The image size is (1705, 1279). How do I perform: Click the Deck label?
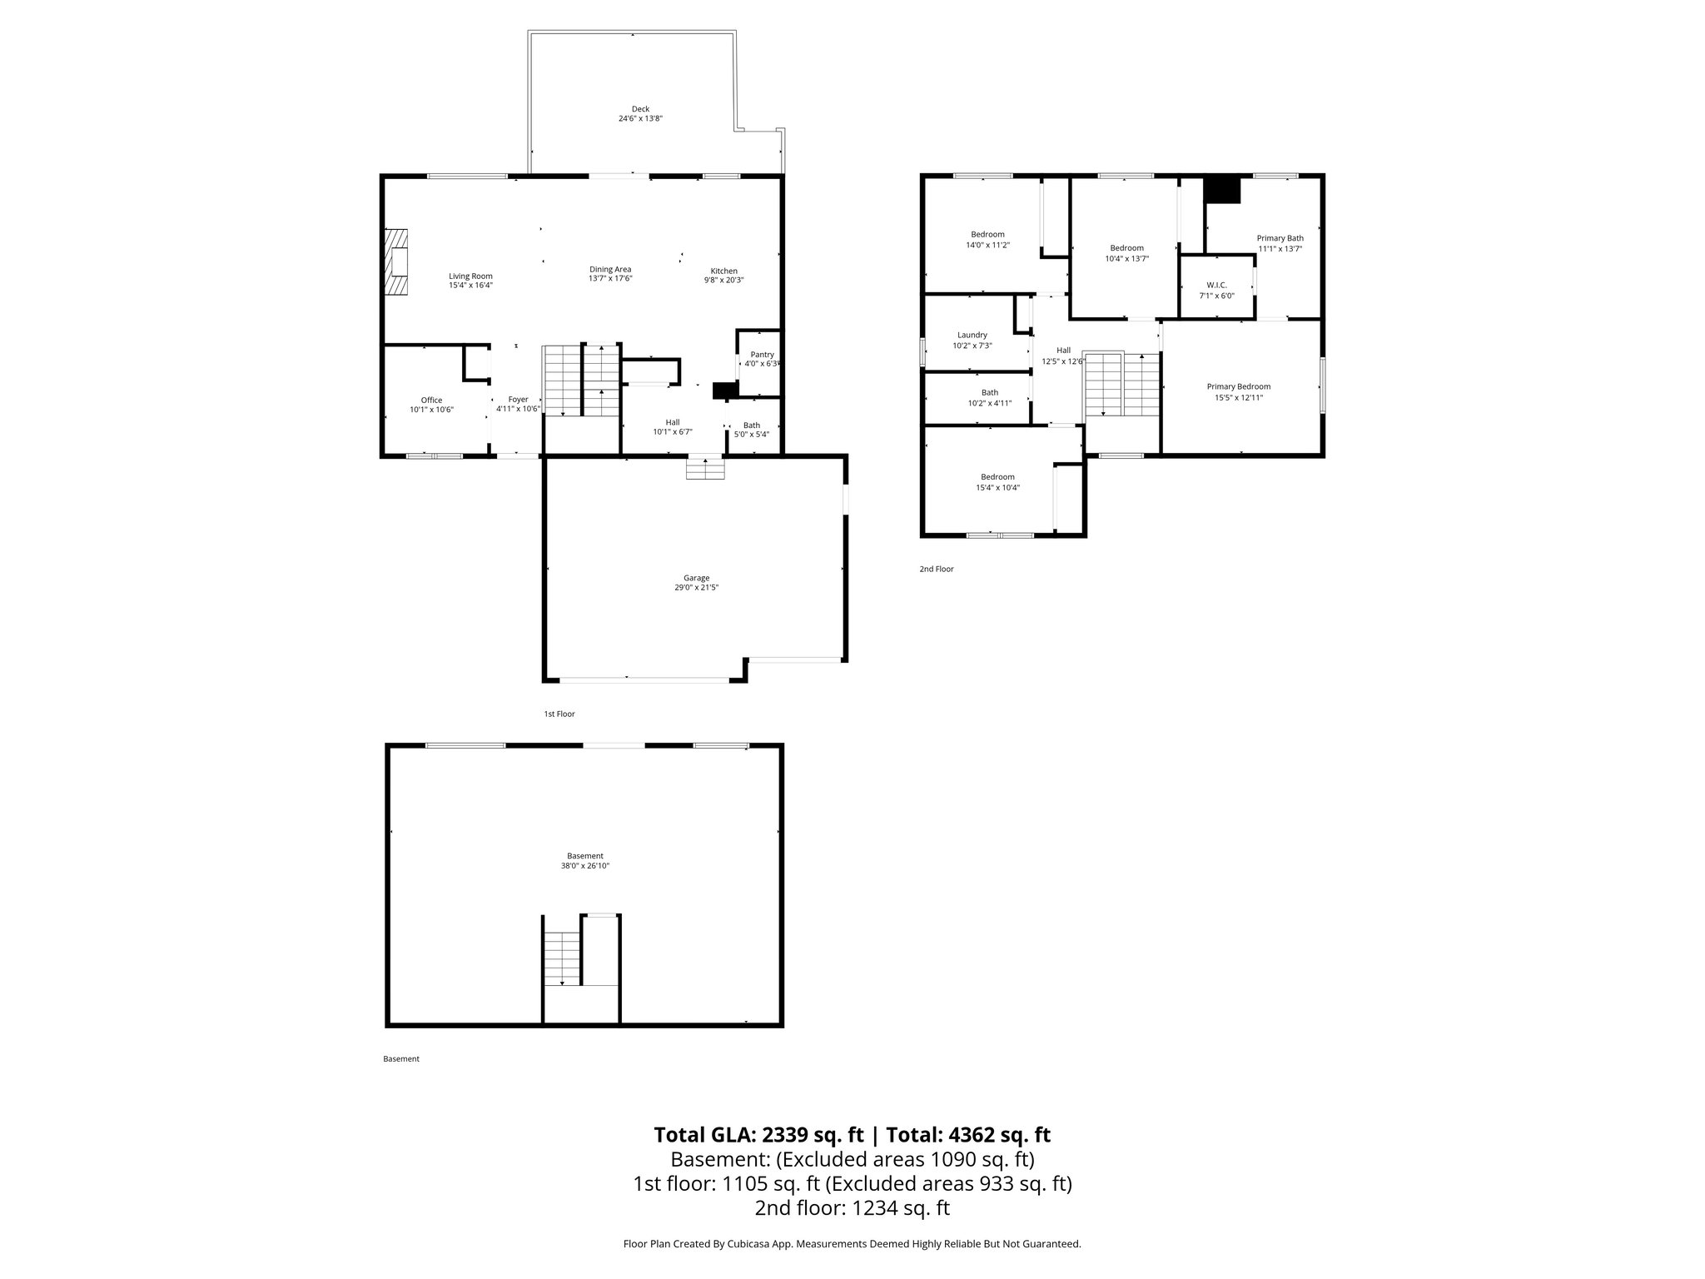pos(639,109)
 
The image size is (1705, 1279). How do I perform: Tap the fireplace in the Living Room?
pos(399,261)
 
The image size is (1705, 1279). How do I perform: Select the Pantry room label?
pos(762,355)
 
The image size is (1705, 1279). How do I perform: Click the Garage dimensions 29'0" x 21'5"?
pos(696,587)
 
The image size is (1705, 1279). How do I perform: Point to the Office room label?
pos(431,401)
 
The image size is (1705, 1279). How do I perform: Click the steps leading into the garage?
pos(705,470)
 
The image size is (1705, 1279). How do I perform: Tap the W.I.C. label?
pos(1216,285)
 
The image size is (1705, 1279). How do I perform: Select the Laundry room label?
pos(972,335)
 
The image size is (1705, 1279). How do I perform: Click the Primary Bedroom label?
pos(1238,386)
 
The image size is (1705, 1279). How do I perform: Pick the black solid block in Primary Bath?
pos(1222,190)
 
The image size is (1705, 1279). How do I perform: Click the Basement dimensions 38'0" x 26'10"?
pos(584,866)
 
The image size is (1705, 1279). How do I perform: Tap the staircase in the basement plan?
pos(562,958)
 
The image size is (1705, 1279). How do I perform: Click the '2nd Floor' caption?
pos(936,570)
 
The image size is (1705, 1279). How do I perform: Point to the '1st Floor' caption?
pos(559,714)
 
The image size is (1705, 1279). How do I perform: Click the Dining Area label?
pos(610,269)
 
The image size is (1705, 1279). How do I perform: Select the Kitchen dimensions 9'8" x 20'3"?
pos(723,281)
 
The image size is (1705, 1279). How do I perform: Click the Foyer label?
pos(518,400)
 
